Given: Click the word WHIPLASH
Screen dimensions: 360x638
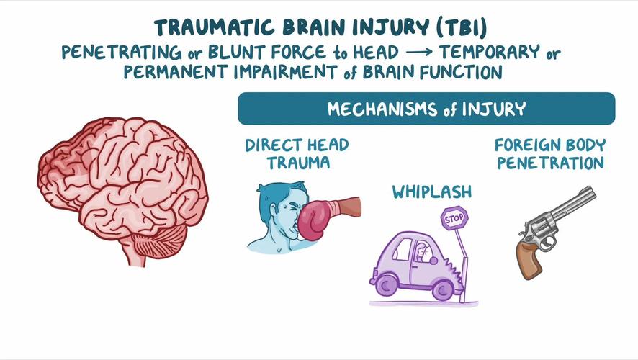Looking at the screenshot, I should tap(432, 192).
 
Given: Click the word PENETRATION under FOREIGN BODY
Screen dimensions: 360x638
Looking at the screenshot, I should tap(549, 163).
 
